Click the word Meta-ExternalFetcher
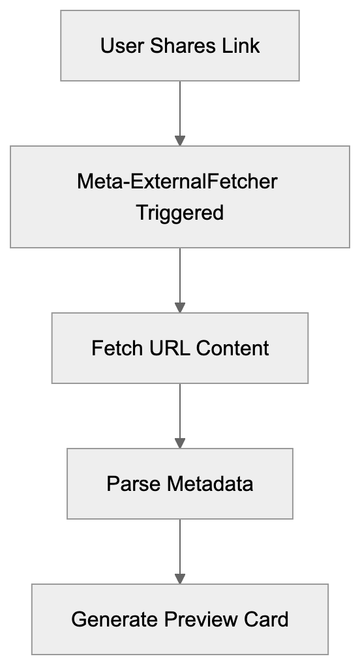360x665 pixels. coord(177,181)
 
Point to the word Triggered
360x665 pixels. coord(180,213)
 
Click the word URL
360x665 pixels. coord(168,348)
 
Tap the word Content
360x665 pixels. coord(232,348)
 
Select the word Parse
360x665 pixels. coord(133,484)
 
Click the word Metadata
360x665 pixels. coord(209,484)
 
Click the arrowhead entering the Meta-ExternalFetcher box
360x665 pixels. coord(180,140)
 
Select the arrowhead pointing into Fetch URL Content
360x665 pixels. coord(180,307)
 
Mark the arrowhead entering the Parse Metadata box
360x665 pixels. coord(180,443)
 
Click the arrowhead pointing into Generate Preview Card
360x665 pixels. coord(180,578)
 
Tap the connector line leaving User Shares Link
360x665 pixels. coord(180,108)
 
